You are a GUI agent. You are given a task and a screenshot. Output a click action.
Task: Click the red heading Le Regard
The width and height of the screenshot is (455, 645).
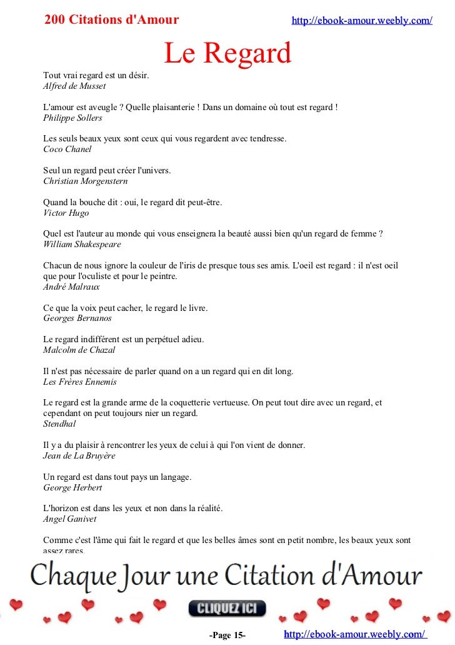[x=227, y=54]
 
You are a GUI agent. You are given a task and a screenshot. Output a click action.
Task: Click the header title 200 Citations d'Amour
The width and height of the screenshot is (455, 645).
[x=112, y=20]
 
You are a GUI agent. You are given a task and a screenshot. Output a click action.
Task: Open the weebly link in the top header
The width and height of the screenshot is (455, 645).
[x=362, y=21]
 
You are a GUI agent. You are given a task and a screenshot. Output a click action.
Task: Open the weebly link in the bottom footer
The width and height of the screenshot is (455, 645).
[x=355, y=634]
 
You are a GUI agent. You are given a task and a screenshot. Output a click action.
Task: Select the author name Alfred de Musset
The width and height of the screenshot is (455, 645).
[x=74, y=86]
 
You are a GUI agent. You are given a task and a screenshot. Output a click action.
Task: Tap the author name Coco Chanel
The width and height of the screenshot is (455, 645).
[x=67, y=150]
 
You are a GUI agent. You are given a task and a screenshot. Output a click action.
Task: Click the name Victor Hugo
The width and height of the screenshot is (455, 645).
[x=66, y=213]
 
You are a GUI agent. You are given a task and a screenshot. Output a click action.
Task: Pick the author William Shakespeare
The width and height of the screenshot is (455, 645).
[x=82, y=244]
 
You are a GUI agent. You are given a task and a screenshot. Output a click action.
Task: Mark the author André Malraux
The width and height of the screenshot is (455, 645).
[x=71, y=287]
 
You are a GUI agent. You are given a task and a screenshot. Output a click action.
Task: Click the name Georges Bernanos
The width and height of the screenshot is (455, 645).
[x=77, y=318]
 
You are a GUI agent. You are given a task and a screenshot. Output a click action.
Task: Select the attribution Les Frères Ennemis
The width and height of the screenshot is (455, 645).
[x=79, y=382]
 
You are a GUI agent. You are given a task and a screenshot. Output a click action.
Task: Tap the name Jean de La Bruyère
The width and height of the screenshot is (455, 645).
[x=79, y=456]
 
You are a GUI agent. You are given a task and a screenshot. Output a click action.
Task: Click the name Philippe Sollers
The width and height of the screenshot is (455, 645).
[x=72, y=118]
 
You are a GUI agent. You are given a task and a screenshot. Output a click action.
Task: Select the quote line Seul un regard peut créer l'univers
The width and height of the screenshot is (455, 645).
[x=107, y=171]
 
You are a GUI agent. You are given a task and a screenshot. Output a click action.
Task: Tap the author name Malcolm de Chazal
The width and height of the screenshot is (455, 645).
[x=79, y=350]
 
